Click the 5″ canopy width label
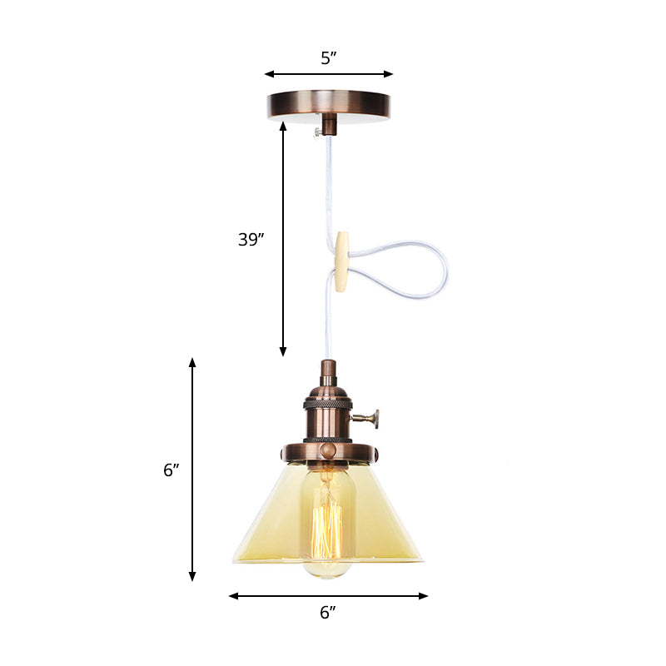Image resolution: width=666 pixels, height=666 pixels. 328,57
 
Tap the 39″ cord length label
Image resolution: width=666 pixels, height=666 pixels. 251,240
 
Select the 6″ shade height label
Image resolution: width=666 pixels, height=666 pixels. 171,470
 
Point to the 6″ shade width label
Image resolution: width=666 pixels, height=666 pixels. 328,613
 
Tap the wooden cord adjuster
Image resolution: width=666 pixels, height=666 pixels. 341,262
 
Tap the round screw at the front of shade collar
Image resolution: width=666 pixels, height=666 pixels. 328,450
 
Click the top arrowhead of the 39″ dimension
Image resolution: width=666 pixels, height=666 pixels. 283,127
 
